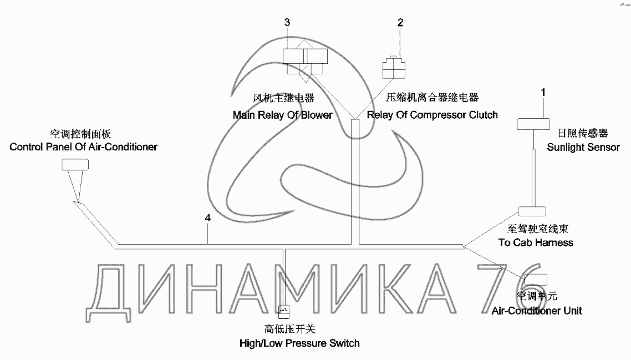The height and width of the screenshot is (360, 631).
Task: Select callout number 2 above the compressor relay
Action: tap(400, 23)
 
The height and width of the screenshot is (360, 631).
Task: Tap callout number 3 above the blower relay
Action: tap(287, 23)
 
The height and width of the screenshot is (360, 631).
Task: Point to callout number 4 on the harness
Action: tap(207, 219)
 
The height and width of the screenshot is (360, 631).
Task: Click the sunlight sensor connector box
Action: tap(533, 124)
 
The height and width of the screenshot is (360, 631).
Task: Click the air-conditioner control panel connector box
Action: tap(75, 164)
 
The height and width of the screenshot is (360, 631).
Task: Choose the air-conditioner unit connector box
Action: tap(540, 278)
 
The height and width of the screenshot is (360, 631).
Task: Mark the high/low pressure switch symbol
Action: tap(283, 311)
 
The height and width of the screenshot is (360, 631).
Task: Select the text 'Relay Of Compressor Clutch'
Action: tap(432, 115)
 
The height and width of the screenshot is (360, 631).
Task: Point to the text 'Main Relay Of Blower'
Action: tap(282, 115)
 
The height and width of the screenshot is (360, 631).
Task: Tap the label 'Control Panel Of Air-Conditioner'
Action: tap(83, 147)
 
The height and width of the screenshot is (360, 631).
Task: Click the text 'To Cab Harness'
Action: tap(535, 242)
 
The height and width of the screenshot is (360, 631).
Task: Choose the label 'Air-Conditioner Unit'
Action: tap(537, 311)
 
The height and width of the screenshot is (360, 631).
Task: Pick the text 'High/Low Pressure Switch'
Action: tap(299, 343)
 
